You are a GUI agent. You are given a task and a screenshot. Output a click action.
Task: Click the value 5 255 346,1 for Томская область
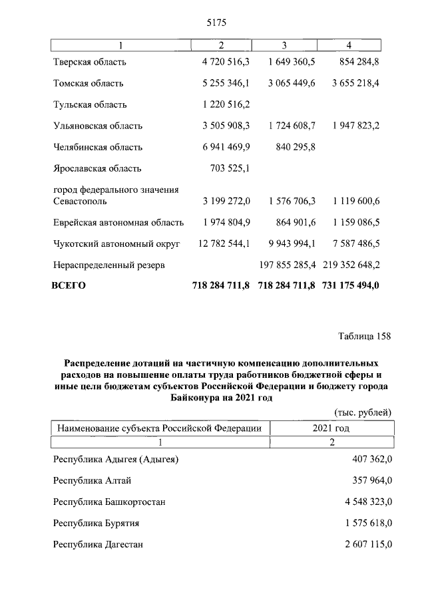tap(225, 84)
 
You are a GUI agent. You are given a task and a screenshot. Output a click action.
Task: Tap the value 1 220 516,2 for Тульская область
tap(225, 105)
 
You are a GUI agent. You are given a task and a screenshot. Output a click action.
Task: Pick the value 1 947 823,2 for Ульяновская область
tap(351, 126)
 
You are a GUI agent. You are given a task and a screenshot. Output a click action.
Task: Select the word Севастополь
tap(79, 201)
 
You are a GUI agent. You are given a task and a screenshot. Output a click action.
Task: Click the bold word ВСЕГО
tap(69, 286)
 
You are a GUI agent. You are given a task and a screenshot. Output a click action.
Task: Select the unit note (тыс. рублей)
tap(361, 413)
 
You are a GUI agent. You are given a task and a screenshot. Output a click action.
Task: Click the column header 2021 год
tap(330, 428)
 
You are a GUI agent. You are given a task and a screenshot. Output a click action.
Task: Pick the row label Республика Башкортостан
tap(109, 502)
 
